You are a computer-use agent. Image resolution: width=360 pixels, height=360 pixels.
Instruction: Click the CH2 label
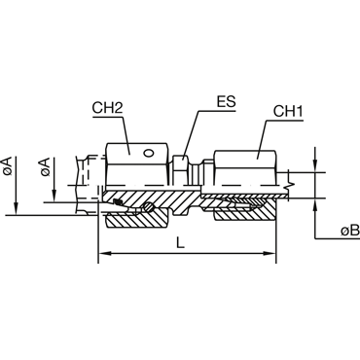pos(107,108)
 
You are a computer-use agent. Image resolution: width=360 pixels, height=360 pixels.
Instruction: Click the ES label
pos(227,102)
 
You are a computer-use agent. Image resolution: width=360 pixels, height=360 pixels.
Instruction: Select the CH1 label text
pos(288,111)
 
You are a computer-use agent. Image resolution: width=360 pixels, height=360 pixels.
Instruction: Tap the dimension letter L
pos(180,242)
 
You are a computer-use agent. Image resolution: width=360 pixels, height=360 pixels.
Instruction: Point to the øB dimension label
pos(350,231)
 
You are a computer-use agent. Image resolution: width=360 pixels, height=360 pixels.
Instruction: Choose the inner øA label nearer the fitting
pos(45,166)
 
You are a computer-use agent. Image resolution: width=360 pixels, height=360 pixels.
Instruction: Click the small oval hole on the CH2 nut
pos(148,153)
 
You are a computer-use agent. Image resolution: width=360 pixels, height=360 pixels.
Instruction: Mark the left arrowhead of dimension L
pos(104,253)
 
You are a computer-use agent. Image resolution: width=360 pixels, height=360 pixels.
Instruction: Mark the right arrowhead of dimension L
pos(270,253)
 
